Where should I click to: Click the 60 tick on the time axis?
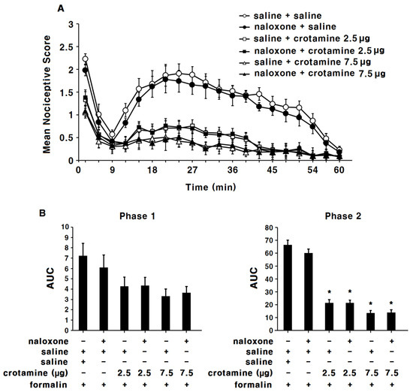coord(339,170)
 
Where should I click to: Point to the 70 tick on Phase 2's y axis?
coord(266,226)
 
